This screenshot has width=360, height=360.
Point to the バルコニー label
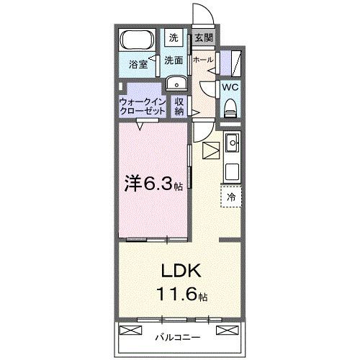pos(177,336)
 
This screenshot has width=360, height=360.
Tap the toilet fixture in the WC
pos(230,108)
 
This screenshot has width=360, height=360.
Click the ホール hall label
pos(202,60)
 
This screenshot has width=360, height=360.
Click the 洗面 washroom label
pos(174,60)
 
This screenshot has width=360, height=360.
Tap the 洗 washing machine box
pos(174,38)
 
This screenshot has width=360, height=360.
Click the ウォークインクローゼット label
pos(143,107)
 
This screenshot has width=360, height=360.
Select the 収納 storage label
pos(180,107)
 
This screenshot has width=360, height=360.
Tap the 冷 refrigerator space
pos(231,195)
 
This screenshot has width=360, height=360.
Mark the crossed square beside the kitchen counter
pos(211,151)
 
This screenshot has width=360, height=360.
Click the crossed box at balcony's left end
pos(130,330)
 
